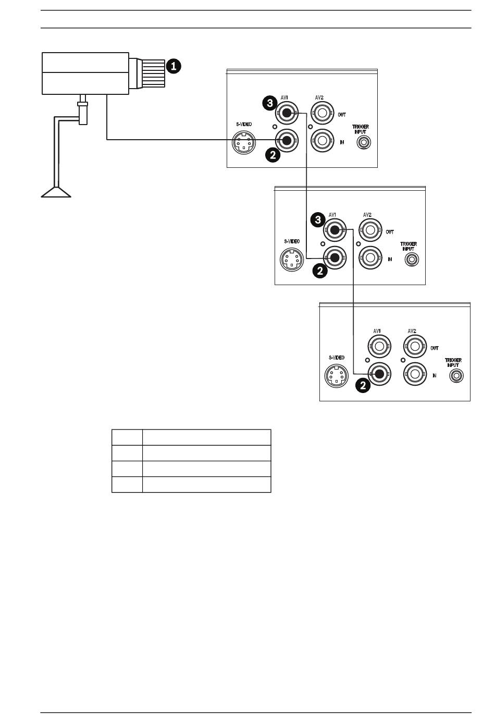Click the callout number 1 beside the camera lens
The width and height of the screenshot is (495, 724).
point(174,66)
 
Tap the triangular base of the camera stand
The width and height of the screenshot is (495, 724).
point(56,192)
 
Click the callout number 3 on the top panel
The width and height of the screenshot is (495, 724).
point(269,103)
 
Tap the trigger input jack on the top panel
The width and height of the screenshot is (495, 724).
point(364,141)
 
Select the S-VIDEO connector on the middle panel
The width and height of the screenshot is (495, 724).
point(292,259)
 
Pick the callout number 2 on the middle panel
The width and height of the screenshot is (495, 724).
point(320,271)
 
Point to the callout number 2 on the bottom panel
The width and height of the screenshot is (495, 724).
point(364,386)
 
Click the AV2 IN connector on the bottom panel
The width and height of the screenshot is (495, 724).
point(415,374)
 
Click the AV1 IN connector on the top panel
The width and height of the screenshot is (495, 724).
point(286,140)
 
